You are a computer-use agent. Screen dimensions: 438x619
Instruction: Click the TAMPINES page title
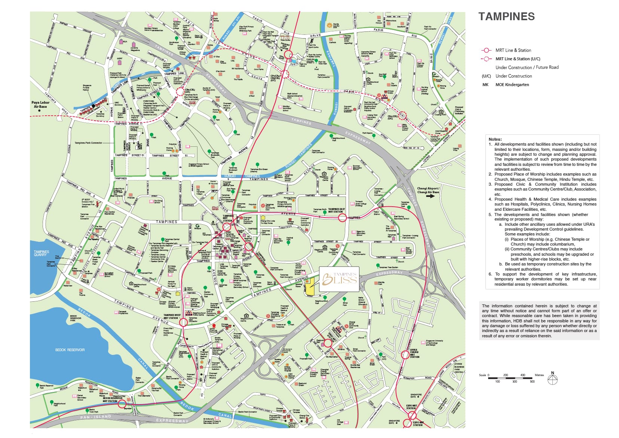pos(506,17)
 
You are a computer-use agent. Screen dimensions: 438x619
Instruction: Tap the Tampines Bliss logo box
pos(339,279)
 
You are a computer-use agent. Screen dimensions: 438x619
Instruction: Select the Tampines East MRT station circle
pos(342,218)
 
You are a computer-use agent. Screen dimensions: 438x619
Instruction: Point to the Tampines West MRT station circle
pos(183,322)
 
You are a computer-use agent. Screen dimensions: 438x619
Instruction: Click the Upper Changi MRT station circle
pos(405,355)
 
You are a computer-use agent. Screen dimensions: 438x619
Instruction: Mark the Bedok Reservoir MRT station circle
pos(122,404)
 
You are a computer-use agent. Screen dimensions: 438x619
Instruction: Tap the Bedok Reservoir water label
pos(70,350)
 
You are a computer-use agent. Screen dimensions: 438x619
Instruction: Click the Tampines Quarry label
pos(41,253)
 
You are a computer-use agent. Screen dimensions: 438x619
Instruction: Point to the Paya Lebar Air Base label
pos(40,104)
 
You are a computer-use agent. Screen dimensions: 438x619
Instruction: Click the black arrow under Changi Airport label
pos(430,196)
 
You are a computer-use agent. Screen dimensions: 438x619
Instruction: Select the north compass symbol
pos(552,379)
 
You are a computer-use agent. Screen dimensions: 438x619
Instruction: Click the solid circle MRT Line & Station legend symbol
pos(486,50)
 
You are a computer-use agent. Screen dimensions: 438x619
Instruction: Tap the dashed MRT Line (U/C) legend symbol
pos(486,59)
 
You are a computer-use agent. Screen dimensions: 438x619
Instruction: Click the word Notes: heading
pos(495,139)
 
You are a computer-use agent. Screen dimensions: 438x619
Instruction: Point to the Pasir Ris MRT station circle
pos(288,55)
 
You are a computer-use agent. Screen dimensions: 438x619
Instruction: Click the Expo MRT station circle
pos(412,415)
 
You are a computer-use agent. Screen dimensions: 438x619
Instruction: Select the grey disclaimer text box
pos(539,321)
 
